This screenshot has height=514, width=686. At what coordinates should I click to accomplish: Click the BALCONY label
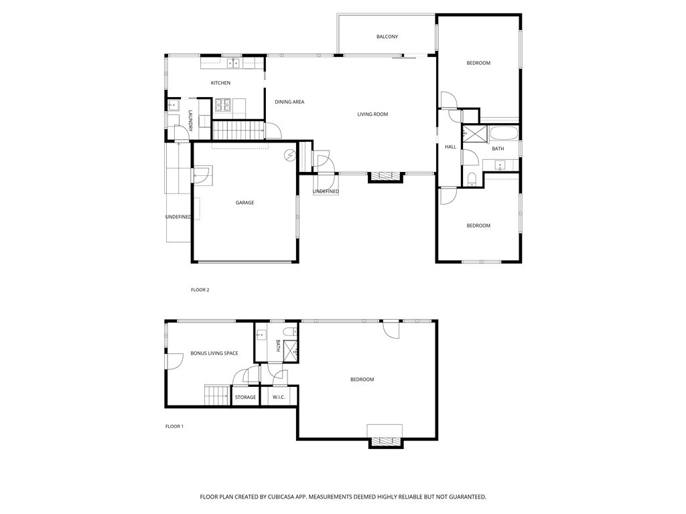pos(387,37)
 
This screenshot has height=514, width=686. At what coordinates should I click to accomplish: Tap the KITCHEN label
pos(220,82)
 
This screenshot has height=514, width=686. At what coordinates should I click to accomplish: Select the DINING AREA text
pos(289,102)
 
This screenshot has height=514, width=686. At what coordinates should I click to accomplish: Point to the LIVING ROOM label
pos(372,114)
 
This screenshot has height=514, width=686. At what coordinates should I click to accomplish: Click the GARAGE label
pos(245,202)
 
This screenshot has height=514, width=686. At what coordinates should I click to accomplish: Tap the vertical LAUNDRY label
pos(190,120)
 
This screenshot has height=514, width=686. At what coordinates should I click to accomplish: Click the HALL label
pos(450,147)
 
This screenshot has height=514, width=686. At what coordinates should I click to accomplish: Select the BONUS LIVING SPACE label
pos(214,353)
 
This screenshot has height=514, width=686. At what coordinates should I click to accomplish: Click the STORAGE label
pos(245,398)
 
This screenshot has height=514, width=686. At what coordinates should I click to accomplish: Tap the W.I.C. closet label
pos(279,398)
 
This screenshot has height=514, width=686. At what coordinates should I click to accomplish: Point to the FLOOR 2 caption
pos(200,290)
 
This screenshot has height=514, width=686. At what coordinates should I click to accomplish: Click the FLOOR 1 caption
pos(174,426)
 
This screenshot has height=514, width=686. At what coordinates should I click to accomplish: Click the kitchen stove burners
pos(222,105)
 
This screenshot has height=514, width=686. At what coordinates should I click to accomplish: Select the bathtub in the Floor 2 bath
pos(504,134)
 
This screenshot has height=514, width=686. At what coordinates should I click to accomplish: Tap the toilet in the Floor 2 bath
pos(472,179)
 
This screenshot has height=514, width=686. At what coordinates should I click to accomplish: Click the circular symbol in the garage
pos(289,155)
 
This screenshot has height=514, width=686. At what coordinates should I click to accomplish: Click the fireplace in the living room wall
pos(385,177)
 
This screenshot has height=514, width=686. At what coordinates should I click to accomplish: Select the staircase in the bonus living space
pos(217,395)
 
